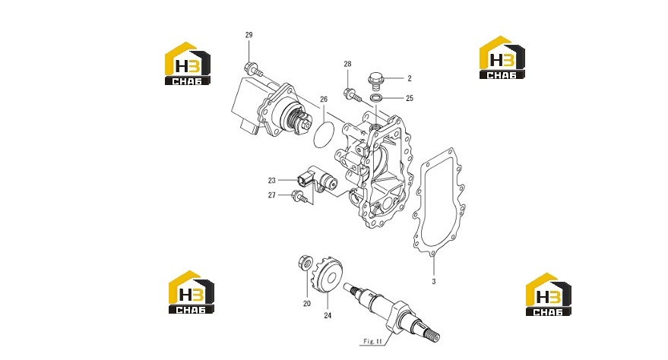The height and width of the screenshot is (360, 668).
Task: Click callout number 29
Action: tap(249, 35)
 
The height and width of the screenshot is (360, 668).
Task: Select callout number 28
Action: tap(347, 64)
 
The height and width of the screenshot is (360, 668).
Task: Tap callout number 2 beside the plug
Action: tap(410, 78)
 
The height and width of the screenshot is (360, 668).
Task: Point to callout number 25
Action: tap(410, 98)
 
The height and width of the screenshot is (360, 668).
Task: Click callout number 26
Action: tap(324, 99)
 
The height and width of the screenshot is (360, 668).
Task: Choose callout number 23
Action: tap(272, 181)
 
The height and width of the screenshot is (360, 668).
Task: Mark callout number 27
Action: tap(272, 195)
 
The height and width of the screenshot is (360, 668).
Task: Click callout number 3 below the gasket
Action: tap(434, 282)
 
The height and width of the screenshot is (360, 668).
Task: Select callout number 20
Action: tap(307, 304)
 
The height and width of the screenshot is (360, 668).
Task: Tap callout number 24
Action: tap(328, 316)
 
